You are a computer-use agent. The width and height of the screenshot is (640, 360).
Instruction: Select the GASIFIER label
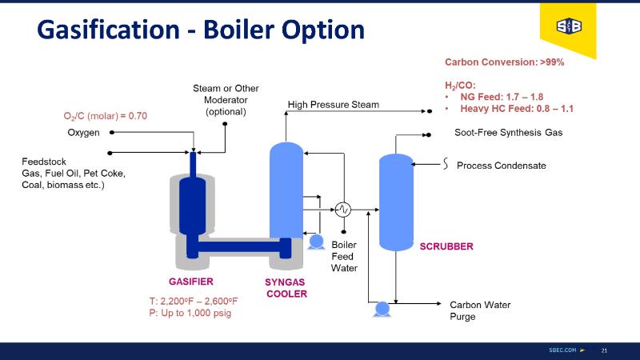coord(190,282)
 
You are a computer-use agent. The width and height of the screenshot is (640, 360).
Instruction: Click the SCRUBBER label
coord(446,246)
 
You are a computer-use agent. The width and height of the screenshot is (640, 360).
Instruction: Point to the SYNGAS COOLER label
coord(286,288)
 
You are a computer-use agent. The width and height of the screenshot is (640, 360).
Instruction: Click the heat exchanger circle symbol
coord(343,210)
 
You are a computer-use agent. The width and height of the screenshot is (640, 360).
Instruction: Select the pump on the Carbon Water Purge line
coord(382,307)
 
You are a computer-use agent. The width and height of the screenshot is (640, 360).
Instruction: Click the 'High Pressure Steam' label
coord(333,105)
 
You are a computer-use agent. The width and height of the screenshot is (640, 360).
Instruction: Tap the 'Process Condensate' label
coord(501,166)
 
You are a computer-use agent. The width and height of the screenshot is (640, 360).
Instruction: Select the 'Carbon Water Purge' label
coord(480,310)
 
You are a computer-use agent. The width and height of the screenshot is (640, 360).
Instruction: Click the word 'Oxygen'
coord(83,132)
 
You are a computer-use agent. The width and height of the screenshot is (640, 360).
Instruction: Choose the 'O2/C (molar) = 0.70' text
coord(106,116)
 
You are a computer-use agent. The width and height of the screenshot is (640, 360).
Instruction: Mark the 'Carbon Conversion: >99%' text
coord(504,62)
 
